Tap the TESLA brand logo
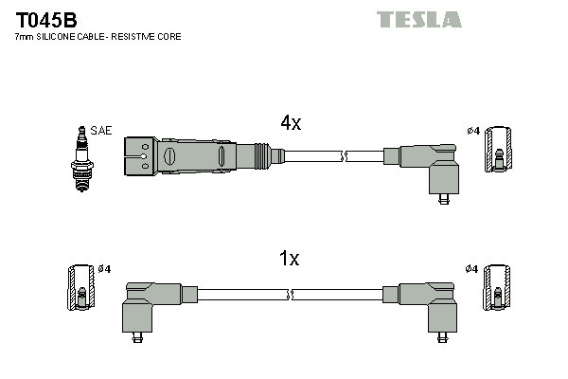pyautogui.click(x=418, y=19)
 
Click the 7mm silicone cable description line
pyautogui.click(x=98, y=37)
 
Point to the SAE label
pyautogui.click(x=100, y=130)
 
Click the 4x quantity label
pyautogui.click(x=290, y=123)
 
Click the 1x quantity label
pyautogui.click(x=290, y=259)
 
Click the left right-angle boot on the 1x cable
pyautogui.click(x=149, y=306)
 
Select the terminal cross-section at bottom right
pyautogui.click(x=496, y=289)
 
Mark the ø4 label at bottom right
pyautogui.click(x=471, y=269)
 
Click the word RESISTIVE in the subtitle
pyautogui.click(x=139, y=37)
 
